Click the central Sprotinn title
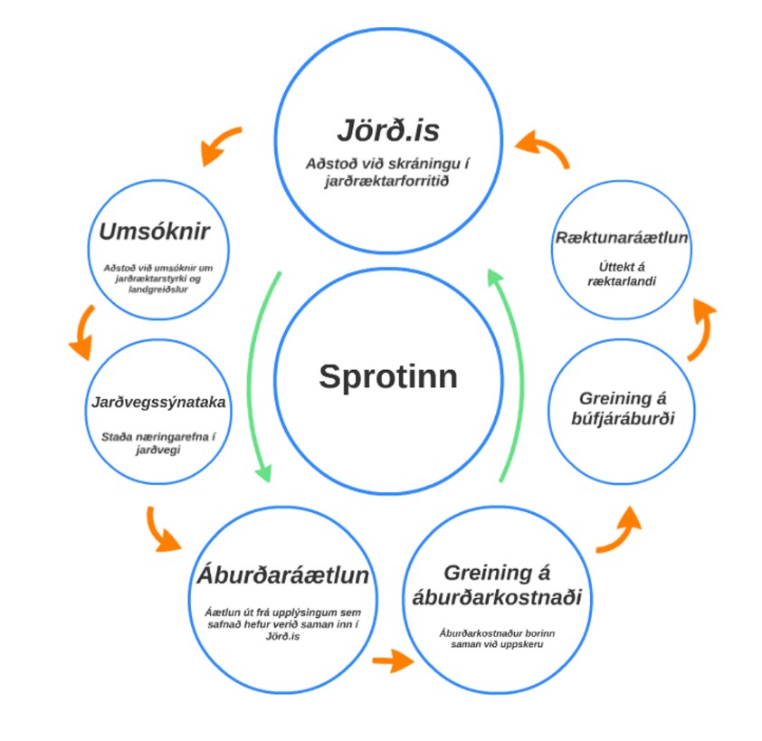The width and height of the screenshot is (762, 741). click(387, 376)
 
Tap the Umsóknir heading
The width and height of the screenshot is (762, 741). click(154, 232)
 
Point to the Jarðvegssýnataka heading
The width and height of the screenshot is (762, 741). click(158, 402)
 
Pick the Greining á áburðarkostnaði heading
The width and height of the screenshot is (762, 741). click(496, 584)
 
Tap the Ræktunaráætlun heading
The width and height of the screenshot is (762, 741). click(622, 238)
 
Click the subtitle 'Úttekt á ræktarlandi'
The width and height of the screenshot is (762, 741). click(622, 273)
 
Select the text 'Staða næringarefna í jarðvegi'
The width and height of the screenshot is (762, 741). click(158, 442)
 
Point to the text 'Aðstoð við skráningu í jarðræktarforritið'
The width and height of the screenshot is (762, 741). click(387, 173)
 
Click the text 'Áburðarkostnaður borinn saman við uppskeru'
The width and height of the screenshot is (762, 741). click(496, 638)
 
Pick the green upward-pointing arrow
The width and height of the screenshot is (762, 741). click(510, 371)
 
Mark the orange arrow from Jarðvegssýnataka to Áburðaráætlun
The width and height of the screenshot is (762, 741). click(162, 531)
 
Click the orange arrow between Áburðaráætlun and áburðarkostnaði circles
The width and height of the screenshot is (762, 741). click(392, 660)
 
